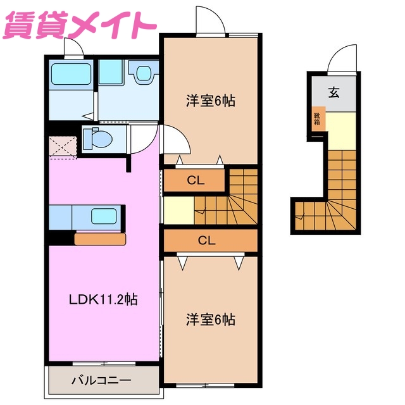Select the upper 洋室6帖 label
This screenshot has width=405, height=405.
(x=210, y=101)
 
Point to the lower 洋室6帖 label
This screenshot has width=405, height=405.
(x=210, y=320)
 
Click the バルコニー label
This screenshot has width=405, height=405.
(x=101, y=381)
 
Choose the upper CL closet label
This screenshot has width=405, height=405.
(x=195, y=180)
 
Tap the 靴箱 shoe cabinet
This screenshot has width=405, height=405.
(x=318, y=119)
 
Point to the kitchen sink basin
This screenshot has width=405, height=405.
(x=103, y=216)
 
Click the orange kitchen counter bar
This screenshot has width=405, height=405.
(x=100, y=239)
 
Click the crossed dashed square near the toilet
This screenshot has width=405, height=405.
(x=63, y=145)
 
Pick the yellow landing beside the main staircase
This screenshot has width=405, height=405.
(x=178, y=209)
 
